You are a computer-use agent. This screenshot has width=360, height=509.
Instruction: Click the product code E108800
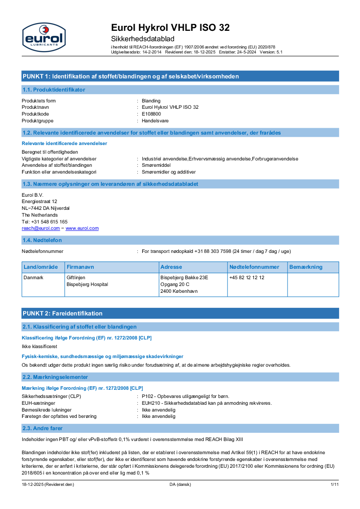(151, 114)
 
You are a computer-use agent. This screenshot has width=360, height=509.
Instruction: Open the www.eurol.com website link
(82, 228)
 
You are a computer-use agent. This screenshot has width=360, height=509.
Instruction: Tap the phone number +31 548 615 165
(50, 222)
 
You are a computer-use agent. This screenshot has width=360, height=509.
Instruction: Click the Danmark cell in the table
(34, 277)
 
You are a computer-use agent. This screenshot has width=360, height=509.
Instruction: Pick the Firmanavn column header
(80, 267)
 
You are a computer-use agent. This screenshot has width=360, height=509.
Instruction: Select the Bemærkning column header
(306, 267)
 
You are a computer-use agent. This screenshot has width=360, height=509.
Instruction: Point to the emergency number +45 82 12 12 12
(247, 277)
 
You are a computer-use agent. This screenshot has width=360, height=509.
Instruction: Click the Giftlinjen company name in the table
(76, 277)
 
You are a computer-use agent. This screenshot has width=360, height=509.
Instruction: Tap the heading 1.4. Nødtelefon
(42, 240)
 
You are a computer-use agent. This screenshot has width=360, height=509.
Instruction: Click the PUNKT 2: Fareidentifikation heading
(63, 313)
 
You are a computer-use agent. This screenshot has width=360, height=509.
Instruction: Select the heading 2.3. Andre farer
(43, 428)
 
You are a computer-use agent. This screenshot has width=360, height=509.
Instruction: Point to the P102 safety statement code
(148, 396)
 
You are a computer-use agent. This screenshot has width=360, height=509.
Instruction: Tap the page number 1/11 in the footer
(335, 485)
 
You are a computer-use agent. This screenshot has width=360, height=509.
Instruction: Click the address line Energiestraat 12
(39, 201)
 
